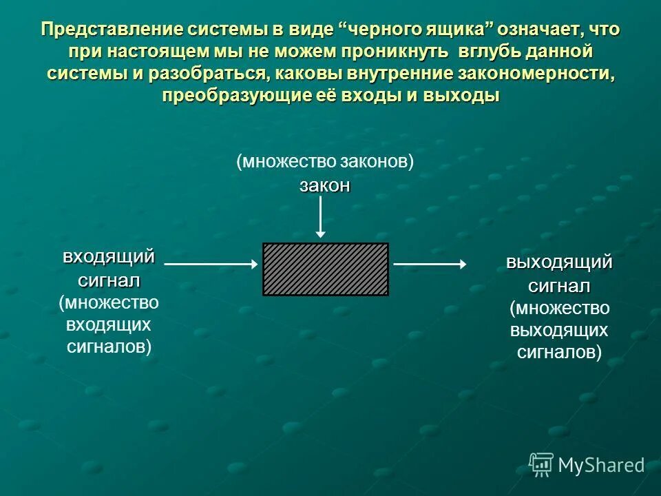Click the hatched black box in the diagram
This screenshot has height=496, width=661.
[x=325, y=269]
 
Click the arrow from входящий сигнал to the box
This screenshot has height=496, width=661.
[x=211, y=263]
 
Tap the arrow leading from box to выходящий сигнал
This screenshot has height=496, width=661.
[x=430, y=263]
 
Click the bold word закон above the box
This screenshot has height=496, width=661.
[x=325, y=186]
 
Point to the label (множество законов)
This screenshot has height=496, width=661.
[x=325, y=162]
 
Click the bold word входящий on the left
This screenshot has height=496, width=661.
[x=109, y=258]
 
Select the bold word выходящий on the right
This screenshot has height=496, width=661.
[x=559, y=262]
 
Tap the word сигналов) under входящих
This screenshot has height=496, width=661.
[x=109, y=346]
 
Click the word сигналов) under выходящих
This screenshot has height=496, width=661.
[x=559, y=353]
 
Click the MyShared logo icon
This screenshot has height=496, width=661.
[x=541, y=465]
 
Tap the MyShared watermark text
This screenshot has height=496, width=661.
[x=601, y=466]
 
